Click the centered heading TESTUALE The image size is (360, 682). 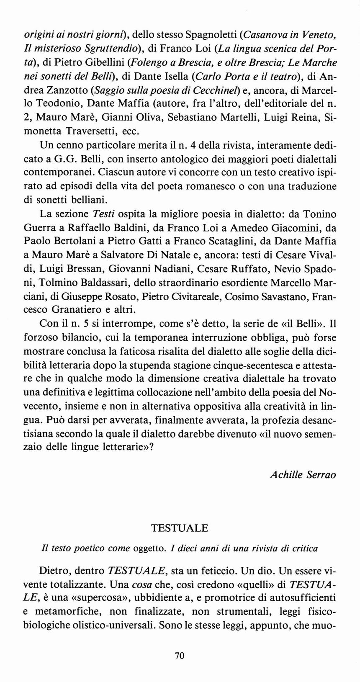coord(180,528)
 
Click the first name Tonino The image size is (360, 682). coord(321,214)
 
